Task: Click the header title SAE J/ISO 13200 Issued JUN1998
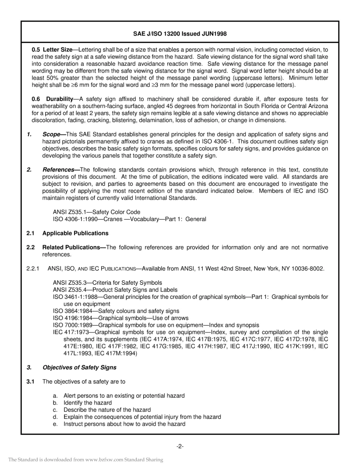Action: coord(180,34)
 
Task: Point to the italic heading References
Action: coord(58,169)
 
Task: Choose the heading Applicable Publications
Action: coord(75,233)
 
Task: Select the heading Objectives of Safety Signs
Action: coord(79,367)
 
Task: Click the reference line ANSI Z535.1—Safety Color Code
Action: coord(96,212)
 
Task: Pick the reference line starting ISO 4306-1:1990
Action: coord(129,219)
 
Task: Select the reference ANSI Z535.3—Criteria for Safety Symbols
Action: coord(107,283)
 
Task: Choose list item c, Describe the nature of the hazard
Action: coord(107,410)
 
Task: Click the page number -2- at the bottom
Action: coord(180,446)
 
